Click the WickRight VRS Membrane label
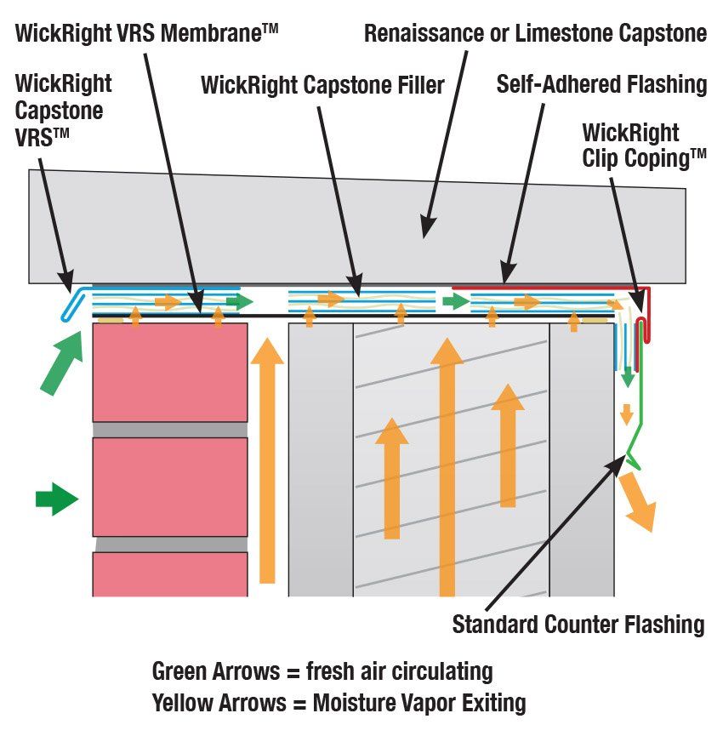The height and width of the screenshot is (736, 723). pyautogui.click(x=146, y=32)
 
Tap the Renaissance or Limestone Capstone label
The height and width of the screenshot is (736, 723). pyautogui.click(x=535, y=33)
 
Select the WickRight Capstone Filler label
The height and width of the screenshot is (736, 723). pyautogui.click(x=322, y=85)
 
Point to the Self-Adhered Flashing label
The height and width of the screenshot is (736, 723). pyautogui.click(x=601, y=84)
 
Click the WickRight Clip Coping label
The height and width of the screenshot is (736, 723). pyautogui.click(x=644, y=145)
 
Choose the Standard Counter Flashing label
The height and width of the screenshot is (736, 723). pyautogui.click(x=578, y=625)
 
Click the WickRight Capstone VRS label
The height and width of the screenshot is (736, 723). pyautogui.click(x=64, y=111)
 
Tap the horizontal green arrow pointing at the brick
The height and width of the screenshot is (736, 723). pyautogui.click(x=56, y=499)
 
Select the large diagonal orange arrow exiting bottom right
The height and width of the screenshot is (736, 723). pyautogui.click(x=637, y=501)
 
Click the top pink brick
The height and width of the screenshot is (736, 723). pyautogui.click(x=170, y=372)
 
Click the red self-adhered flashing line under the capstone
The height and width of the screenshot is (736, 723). pyautogui.click(x=544, y=288)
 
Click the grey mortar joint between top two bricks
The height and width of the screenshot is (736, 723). pyautogui.click(x=170, y=430)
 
